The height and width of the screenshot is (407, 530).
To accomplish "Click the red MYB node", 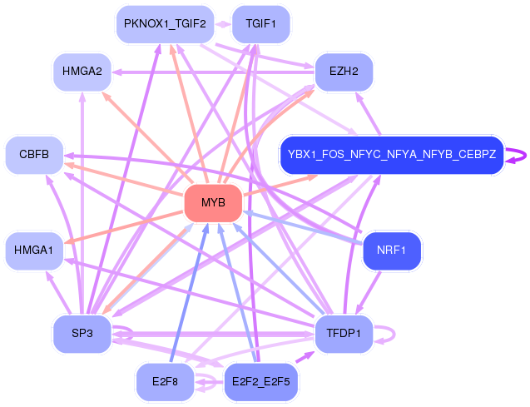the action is point(213,203).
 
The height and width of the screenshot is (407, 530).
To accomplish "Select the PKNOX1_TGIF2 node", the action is point(165,24).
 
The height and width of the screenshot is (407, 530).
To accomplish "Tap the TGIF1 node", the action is point(260,24).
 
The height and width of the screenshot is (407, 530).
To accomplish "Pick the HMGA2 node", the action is point(82,72).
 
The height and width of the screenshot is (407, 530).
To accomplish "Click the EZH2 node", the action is point(344,72).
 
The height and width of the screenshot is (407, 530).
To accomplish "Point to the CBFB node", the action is point(34,155).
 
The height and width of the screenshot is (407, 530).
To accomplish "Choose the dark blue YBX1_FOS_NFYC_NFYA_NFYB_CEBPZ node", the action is point(392,155).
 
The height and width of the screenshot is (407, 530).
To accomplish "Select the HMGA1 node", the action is point(34,251).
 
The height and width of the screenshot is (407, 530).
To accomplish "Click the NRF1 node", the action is point(391,251).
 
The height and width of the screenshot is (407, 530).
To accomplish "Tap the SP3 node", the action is point(82,334).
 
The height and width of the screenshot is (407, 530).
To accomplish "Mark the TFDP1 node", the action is point(344,334).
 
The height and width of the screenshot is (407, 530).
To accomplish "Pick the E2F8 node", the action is point(165,382).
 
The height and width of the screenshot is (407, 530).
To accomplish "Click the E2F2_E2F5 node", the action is point(260,382).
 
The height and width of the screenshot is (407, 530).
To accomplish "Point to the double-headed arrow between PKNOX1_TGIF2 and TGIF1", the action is point(223,24).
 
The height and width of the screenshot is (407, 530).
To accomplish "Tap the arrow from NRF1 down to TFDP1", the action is point(368,293).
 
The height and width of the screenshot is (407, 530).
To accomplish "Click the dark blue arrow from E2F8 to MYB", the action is point(190,293).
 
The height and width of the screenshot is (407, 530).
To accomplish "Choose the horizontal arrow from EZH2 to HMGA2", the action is point(213,72).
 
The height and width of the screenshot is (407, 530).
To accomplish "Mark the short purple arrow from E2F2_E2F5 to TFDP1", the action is point(305,357).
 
